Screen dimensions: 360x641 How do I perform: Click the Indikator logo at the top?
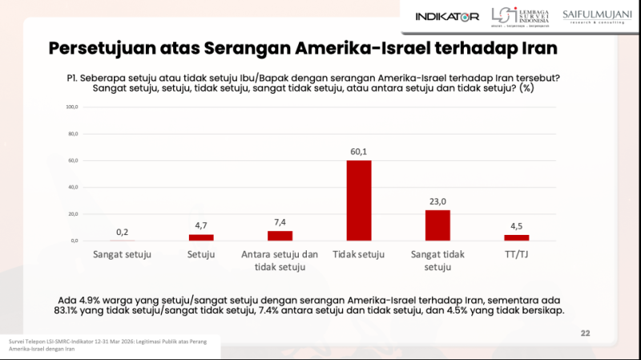click(447, 16)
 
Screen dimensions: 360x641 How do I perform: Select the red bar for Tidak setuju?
click(358, 200)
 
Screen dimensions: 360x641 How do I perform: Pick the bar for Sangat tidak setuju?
click(437, 225)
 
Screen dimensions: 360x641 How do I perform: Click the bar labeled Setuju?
click(201, 237)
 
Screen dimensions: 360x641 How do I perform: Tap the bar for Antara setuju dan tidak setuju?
click(280, 236)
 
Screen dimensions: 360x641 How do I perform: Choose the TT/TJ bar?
click(516, 237)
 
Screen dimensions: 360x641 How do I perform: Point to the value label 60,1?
click(358, 152)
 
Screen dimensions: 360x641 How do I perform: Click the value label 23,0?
click(437, 202)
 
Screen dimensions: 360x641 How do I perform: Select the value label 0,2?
click(123, 232)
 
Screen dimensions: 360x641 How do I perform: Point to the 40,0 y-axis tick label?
click(72, 187)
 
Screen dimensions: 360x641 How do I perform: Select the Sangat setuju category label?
click(123, 255)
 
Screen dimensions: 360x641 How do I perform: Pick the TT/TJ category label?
click(516, 255)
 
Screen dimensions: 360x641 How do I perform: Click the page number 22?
click(585, 334)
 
